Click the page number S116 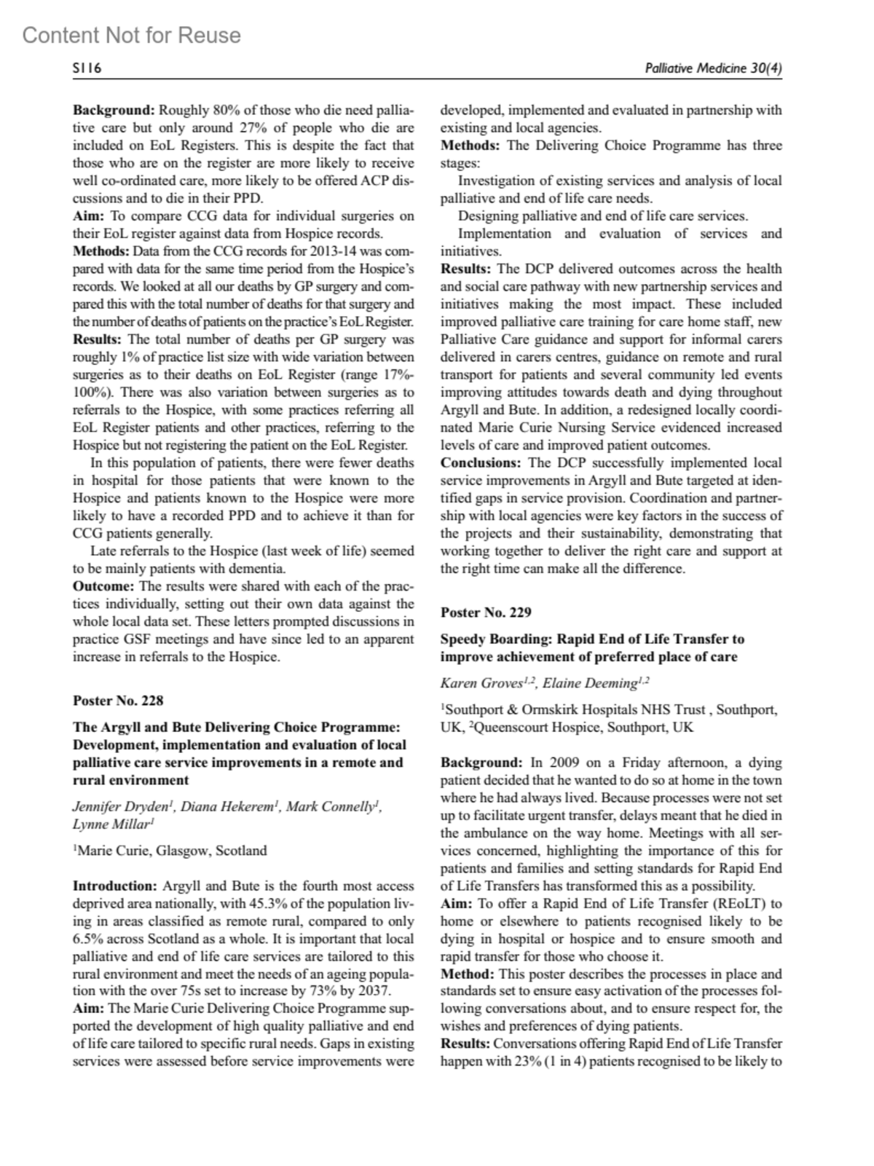[x=87, y=69]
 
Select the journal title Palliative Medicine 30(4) [x=713, y=69]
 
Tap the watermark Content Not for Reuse [x=131, y=35]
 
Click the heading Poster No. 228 [x=118, y=701]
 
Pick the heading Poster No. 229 [x=486, y=612]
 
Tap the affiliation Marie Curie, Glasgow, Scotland [x=172, y=851]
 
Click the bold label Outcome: [x=103, y=586]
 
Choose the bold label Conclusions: [x=481, y=463]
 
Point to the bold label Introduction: [x=115, y=886]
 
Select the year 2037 [x=376, y=991]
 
